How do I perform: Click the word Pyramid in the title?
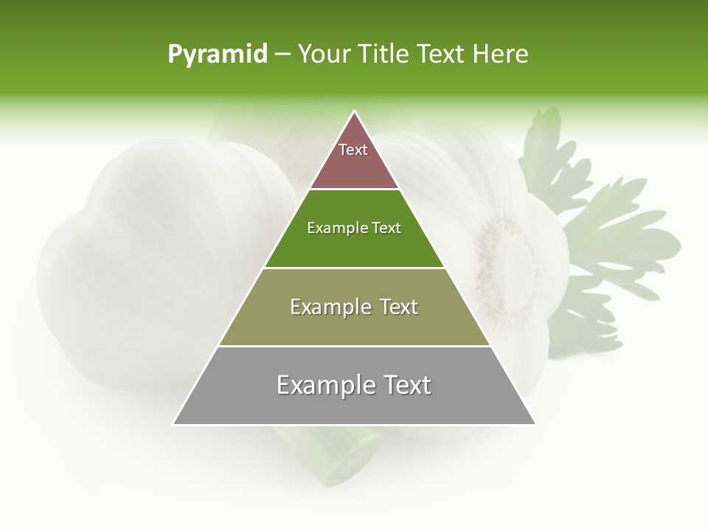tap(218, 55)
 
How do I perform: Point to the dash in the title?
tap(282, 55)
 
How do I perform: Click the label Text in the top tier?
tap(353, 150)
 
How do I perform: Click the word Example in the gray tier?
tap(324, 385)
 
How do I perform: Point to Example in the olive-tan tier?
tap(328, 307)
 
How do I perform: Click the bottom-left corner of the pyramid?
tap(173, 424)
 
